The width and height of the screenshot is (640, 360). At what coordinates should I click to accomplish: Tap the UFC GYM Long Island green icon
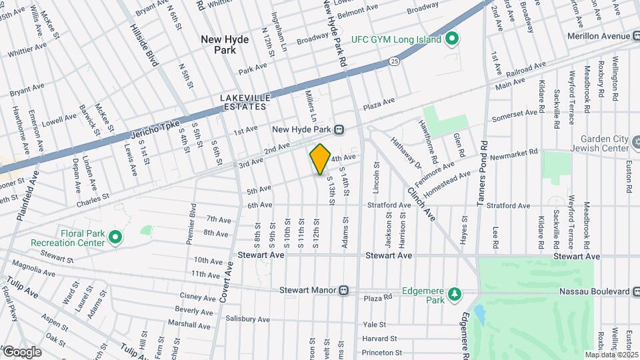click(451, 39)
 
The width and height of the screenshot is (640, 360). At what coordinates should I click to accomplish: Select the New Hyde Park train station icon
click(339, 129)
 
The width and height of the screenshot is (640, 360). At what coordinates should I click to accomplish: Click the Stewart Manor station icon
click(343, 290)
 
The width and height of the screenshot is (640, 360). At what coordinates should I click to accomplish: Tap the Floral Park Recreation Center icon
click(115, 237)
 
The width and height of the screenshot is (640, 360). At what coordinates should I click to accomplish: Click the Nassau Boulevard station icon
click(635, 291)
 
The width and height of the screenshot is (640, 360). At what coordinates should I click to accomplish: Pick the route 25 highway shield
click(395, 61)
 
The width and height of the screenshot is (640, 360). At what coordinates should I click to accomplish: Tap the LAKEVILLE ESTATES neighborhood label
click(244, 101)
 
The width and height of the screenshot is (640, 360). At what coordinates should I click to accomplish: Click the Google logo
click(21, 351)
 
